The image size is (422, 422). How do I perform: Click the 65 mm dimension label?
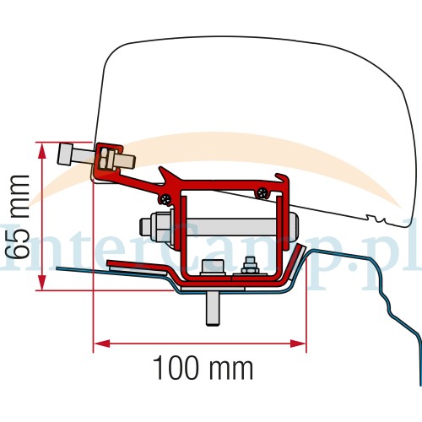18,217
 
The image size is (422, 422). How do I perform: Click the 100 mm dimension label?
203,367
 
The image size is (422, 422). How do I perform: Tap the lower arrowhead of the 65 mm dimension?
42,282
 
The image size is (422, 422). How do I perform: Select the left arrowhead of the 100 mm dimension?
101,344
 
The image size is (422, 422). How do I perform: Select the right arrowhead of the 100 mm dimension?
298,344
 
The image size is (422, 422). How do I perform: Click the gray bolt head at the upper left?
65,154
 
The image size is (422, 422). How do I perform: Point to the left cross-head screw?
165,199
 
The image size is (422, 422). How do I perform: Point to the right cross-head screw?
262,192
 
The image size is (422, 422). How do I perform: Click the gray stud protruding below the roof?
213,309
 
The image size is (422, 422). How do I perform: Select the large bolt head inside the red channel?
213,267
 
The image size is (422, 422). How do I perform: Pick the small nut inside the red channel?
250,266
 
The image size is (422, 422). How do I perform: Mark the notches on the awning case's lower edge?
375,218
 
